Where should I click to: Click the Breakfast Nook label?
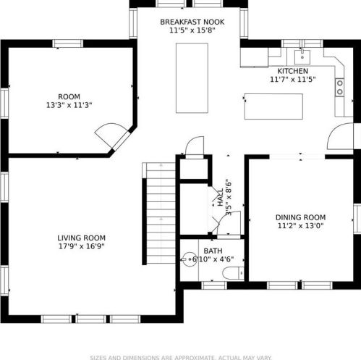[x=192, y=22]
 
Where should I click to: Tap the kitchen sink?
[x=302, y=57]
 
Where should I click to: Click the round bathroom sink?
[x=189, y=259]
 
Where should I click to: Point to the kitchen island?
[x=273, y=106]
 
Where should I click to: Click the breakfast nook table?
[x=192, y=78]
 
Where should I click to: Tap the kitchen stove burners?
[x=339, y=87]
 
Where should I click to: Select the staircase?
[x=159, y=213]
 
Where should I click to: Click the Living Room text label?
[x=82, y=238]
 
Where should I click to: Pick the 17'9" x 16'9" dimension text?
[x=82, y=246]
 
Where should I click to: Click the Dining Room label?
[x=300, y=217]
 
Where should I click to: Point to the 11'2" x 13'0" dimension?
[x=300, y=226]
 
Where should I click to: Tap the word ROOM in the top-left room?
[x=69, y=96]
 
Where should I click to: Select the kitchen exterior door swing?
[x=340, y=136]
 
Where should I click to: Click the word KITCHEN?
[x=293, y=71]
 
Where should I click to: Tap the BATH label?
[x=213, y=251]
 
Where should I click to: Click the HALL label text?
[x=221, y=198]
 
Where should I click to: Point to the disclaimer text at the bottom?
[x=181, y=358]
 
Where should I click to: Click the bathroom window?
[x=214, y=285]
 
